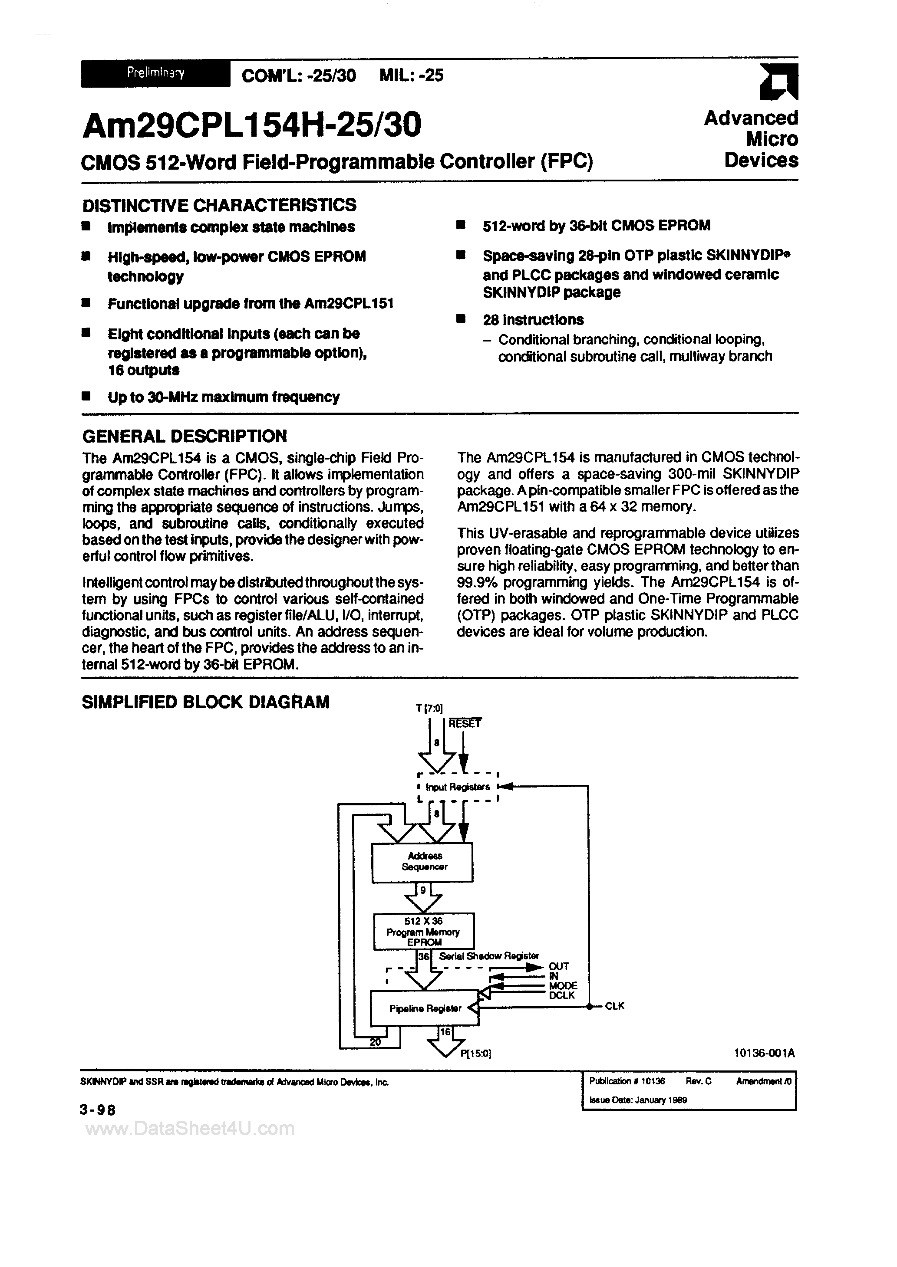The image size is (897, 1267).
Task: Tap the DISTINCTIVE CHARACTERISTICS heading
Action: (x=219, y=205)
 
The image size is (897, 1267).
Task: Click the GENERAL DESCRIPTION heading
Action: (x=185, y=437)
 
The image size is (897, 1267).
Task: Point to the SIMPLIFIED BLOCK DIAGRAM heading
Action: (x=205, y=702)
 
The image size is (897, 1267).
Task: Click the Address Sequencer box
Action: (x=422, y=862)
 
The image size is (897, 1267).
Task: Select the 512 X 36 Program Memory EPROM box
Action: (x=424, y=932)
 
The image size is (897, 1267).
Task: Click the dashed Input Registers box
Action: (x=458, y=787)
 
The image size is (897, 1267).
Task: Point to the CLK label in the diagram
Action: (x=615, y=1006)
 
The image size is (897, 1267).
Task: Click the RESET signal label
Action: (x=465, y=723)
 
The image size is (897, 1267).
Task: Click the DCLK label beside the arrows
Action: (x=562, y=995)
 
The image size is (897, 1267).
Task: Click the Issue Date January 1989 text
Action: (x=638, y=1100)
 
